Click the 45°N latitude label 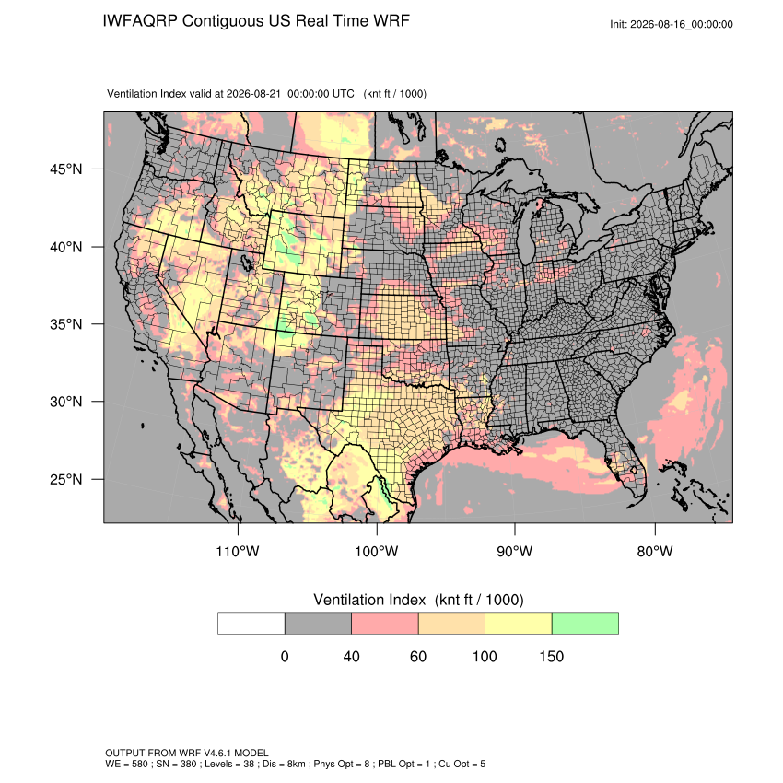pos(66,169)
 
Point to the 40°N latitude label pos(66,247)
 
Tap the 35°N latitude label pos(66,324)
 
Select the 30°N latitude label pos(66,402)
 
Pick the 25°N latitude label pos(66,479)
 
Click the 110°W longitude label pos(238,551)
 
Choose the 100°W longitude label pos(377,551)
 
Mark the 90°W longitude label pos(515,551)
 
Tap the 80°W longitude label pos(655,551)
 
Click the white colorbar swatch pos(251,624)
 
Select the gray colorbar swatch pos(318,624)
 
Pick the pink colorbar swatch pos(385,624)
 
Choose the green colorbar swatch pos(585,624)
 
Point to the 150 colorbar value pos(551,656)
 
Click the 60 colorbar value pos(418,656)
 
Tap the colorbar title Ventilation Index pos(369,600)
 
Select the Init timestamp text pos(672,24)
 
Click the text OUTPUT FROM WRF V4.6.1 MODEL pos(187,753)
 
